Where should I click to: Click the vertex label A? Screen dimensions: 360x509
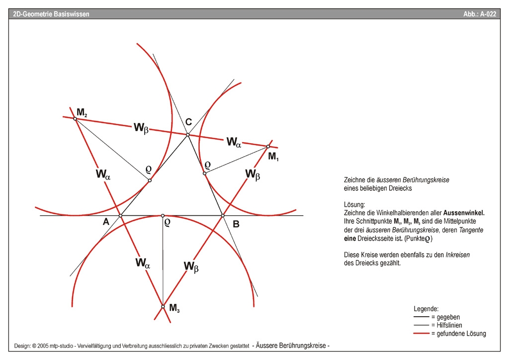point(106,222)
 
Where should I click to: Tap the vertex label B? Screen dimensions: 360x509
point(236,224)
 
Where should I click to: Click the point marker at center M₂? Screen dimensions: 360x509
point(75,118)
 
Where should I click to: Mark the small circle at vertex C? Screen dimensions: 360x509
point(187,135)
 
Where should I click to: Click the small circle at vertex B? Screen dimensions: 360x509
point(223,215)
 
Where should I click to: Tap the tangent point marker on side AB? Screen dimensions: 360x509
point(163,215)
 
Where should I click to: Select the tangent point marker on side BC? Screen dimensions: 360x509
point(204,173)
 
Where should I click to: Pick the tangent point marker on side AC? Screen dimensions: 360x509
point(150,180)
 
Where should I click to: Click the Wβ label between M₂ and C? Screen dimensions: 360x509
point(141,127)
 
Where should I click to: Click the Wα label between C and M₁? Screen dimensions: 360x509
point(234,142)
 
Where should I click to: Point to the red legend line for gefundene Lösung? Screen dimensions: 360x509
point(422,333)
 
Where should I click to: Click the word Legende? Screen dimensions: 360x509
point(426,308)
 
